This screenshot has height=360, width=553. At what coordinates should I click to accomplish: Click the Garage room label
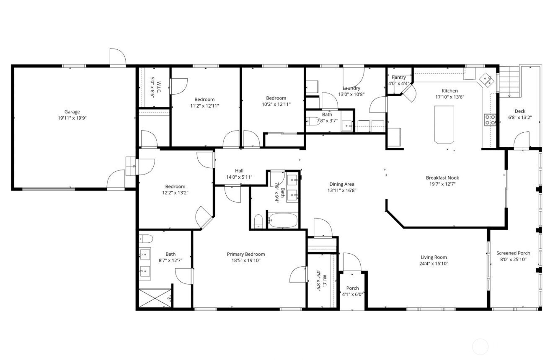(x=72, y=112)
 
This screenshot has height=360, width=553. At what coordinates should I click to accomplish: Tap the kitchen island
(x=444, y=124)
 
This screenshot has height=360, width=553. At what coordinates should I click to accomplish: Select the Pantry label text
(x=398, y=77)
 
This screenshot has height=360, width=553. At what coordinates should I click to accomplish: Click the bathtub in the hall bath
(x=282, y=221)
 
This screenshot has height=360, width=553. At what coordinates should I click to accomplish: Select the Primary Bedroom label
(x=246, y=254)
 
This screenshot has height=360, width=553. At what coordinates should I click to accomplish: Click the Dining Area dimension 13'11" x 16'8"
(x=342, y=190)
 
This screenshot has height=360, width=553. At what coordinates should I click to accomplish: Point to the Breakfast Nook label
(x=442, y=177)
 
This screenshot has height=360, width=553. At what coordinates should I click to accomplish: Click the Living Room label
(x=434, y=257)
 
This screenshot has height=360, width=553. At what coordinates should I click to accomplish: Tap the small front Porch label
(x=352, y=288)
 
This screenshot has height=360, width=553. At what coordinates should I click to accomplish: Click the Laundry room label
(x=351, y=88)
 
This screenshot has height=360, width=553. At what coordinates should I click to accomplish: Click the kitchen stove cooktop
(x=490, y=120)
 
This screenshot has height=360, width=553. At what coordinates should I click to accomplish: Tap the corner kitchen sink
(x=486, y=79)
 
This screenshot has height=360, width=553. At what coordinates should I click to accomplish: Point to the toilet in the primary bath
(x=146, y=239)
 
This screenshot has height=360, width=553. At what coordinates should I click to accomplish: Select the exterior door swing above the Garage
(x=118, y=58)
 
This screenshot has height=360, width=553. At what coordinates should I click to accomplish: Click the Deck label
(x=519, y=111)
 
